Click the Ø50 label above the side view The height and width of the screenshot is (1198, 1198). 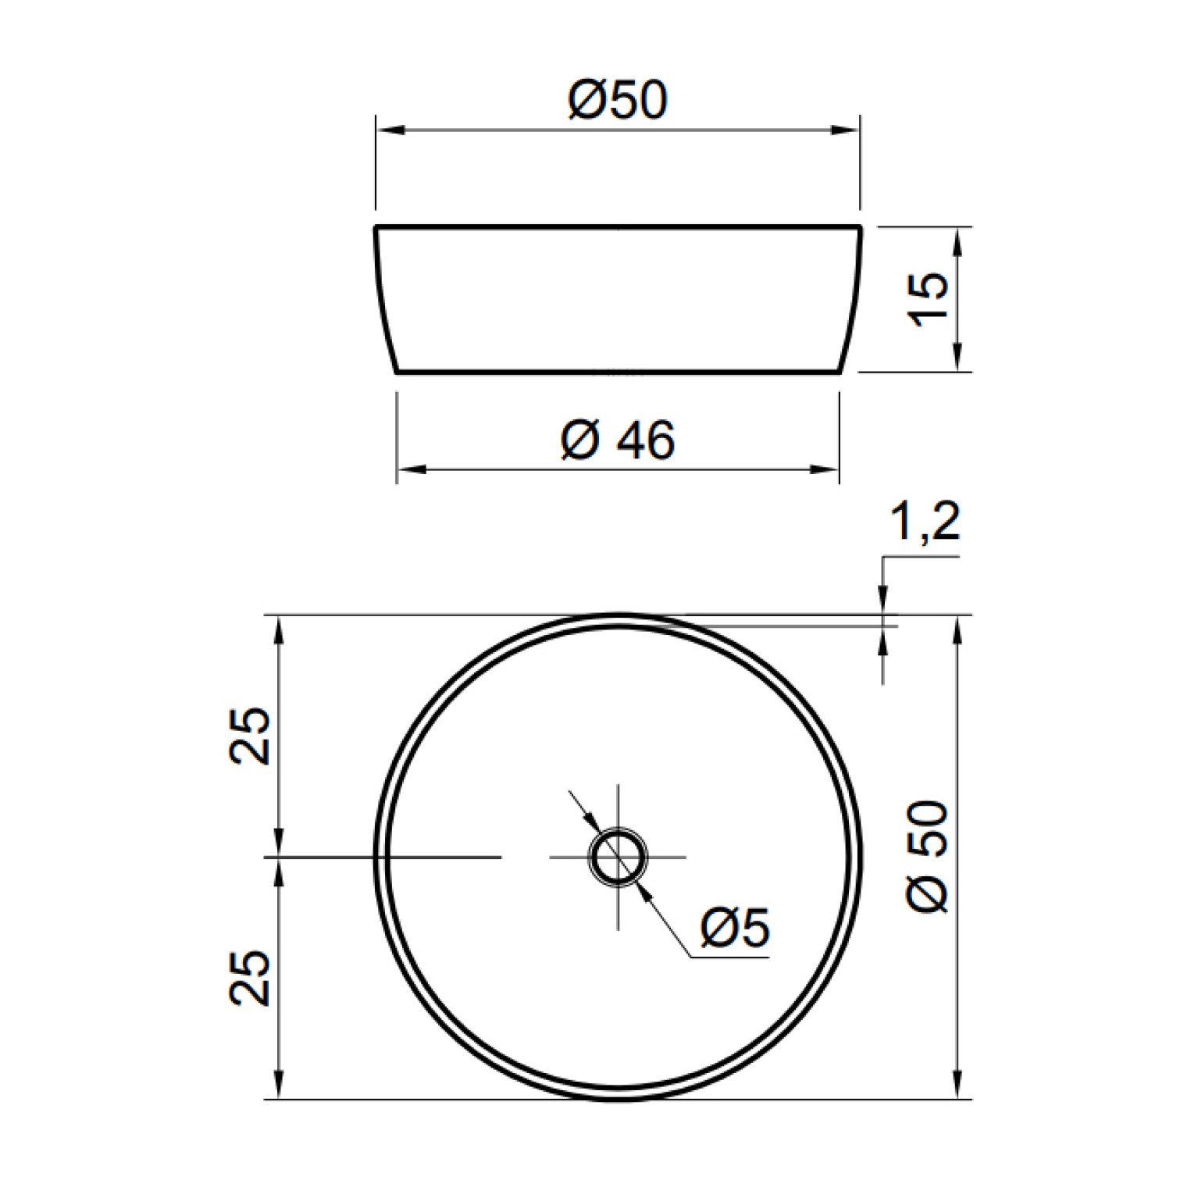coord(618,100)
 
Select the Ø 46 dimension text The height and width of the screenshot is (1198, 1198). coord(618,440)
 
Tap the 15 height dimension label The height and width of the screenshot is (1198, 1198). coord(928,298)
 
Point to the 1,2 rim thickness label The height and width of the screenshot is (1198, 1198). coord(925,521)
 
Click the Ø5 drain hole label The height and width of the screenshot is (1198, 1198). coord(735,927)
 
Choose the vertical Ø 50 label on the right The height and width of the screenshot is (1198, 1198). coord(928,856)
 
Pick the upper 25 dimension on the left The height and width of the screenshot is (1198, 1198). coord(250,736)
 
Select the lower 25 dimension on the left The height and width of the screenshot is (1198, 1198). coord(250,978)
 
